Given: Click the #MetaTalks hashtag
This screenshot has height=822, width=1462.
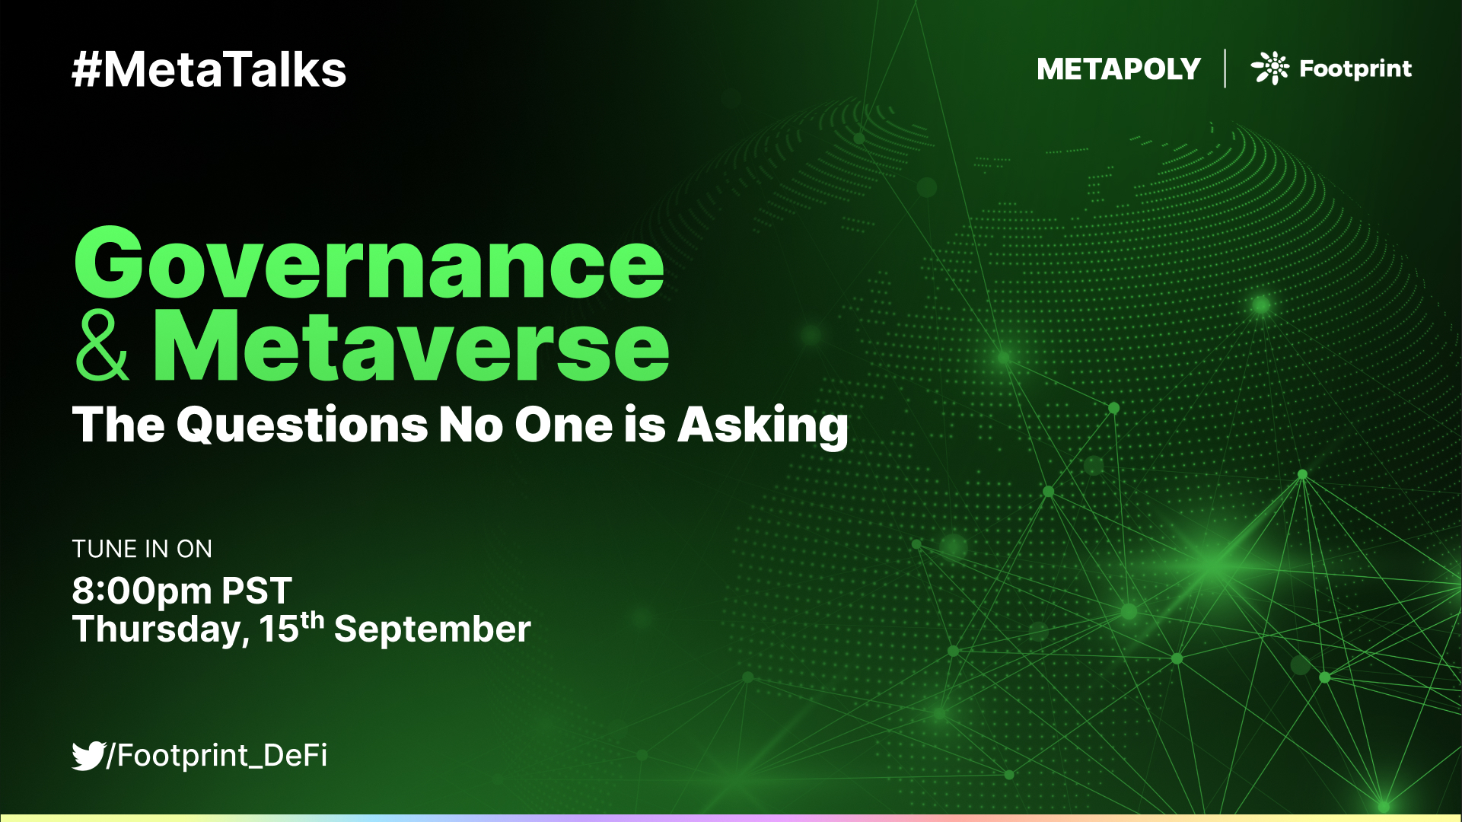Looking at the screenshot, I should pos(209,70).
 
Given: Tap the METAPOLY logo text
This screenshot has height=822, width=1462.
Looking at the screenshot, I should pos(1118,69).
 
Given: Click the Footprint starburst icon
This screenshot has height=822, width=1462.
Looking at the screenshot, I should pos(1270,68).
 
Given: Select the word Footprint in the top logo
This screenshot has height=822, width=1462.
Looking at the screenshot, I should pos(1355,69).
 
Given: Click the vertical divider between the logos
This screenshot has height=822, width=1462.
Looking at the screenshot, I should pos(1225,68).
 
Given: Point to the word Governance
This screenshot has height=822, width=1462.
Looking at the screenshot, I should pos(369,265).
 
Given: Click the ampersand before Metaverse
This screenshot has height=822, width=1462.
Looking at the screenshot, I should pos(102,347).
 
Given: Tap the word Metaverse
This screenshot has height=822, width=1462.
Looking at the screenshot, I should pos(410,347).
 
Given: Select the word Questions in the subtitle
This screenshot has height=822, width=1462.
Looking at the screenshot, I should pos(302,425).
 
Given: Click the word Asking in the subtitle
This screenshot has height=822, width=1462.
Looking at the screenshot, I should pos(763,425).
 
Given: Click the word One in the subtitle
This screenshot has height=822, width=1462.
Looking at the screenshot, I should pos(563,425).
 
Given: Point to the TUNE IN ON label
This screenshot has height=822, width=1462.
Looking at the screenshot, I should pos(142,549).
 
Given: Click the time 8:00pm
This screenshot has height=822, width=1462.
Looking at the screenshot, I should pos(142,591).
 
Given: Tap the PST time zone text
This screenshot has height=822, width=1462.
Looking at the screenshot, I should pos(256,591).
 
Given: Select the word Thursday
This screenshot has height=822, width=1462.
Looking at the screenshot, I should pos(160,630).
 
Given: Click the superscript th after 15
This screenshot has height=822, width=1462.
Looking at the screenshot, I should pos(313,620).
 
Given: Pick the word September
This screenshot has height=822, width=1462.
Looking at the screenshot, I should pos(432,629).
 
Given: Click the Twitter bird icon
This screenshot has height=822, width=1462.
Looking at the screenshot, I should pos(88,755).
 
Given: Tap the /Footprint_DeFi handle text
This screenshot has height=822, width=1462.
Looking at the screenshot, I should pos(218,755).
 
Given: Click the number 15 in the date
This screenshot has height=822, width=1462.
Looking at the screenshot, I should pos(279,629).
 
